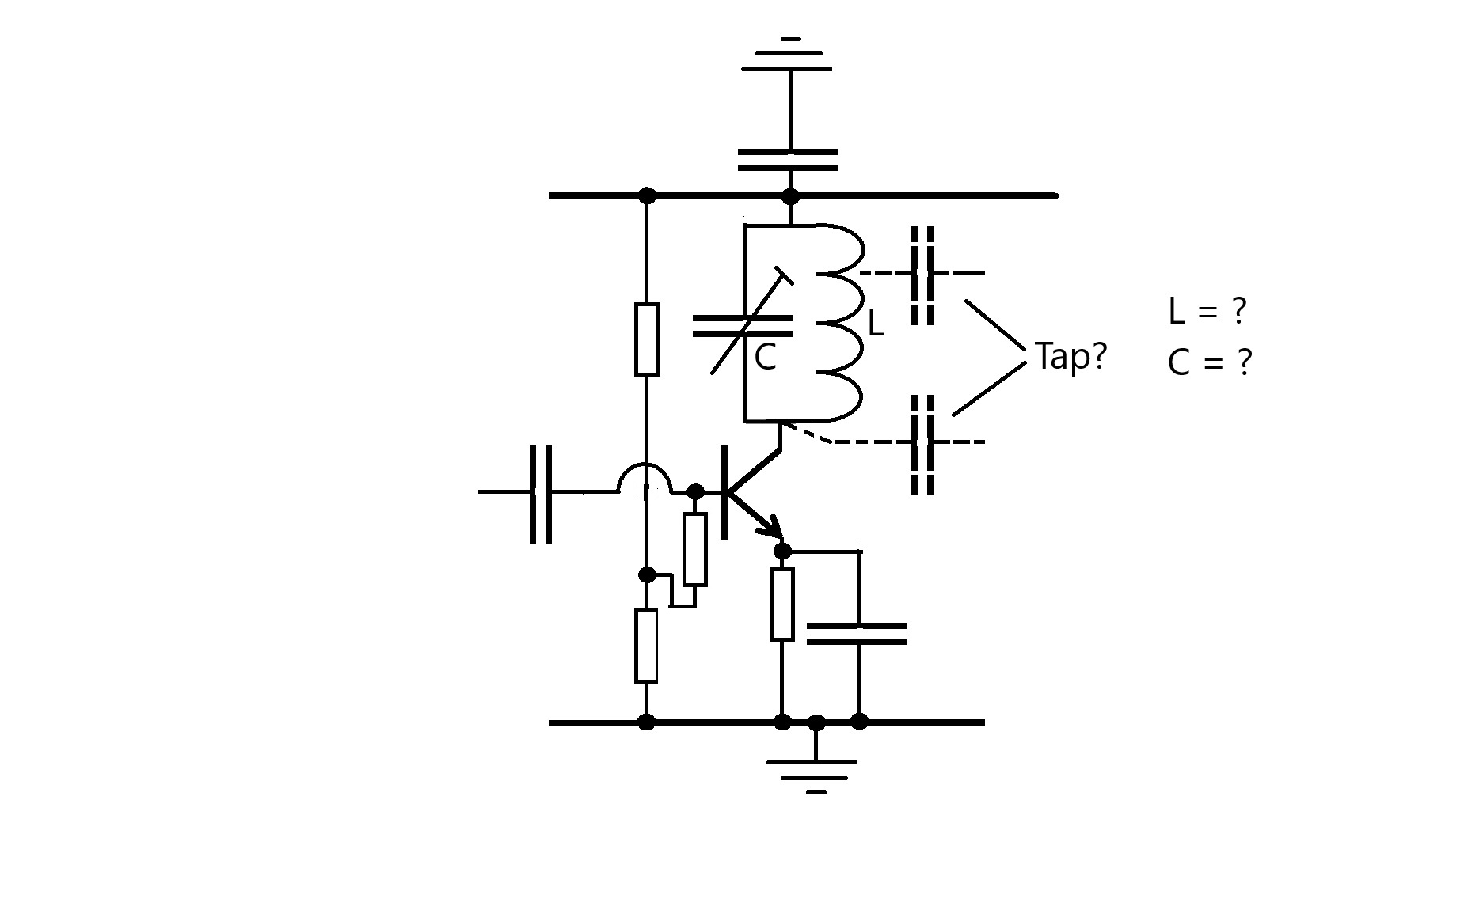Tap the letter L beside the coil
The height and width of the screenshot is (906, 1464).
click(875, 323)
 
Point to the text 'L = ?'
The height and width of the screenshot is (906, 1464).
click(1207, 311)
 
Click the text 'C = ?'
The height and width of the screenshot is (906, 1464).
click(1209, 362)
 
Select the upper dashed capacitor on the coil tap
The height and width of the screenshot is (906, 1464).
click(922, 274)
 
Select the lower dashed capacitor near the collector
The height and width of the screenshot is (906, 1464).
click(922, 442)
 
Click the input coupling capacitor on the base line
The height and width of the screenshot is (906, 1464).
click(541, 493)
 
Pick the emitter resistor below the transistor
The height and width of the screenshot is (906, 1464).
click(781, 604)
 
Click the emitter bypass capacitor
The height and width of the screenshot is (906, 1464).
click(857, 633)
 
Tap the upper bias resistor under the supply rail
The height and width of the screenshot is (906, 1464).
click(647, 339)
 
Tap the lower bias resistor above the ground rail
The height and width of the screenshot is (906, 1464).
click(646, 646)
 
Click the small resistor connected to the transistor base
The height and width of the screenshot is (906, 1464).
click(694, 549)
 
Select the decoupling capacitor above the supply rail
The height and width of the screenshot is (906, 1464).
click(788, 159)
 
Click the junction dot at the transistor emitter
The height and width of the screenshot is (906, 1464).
click(782, 551)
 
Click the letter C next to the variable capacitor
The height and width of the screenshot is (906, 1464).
click(765, 358)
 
